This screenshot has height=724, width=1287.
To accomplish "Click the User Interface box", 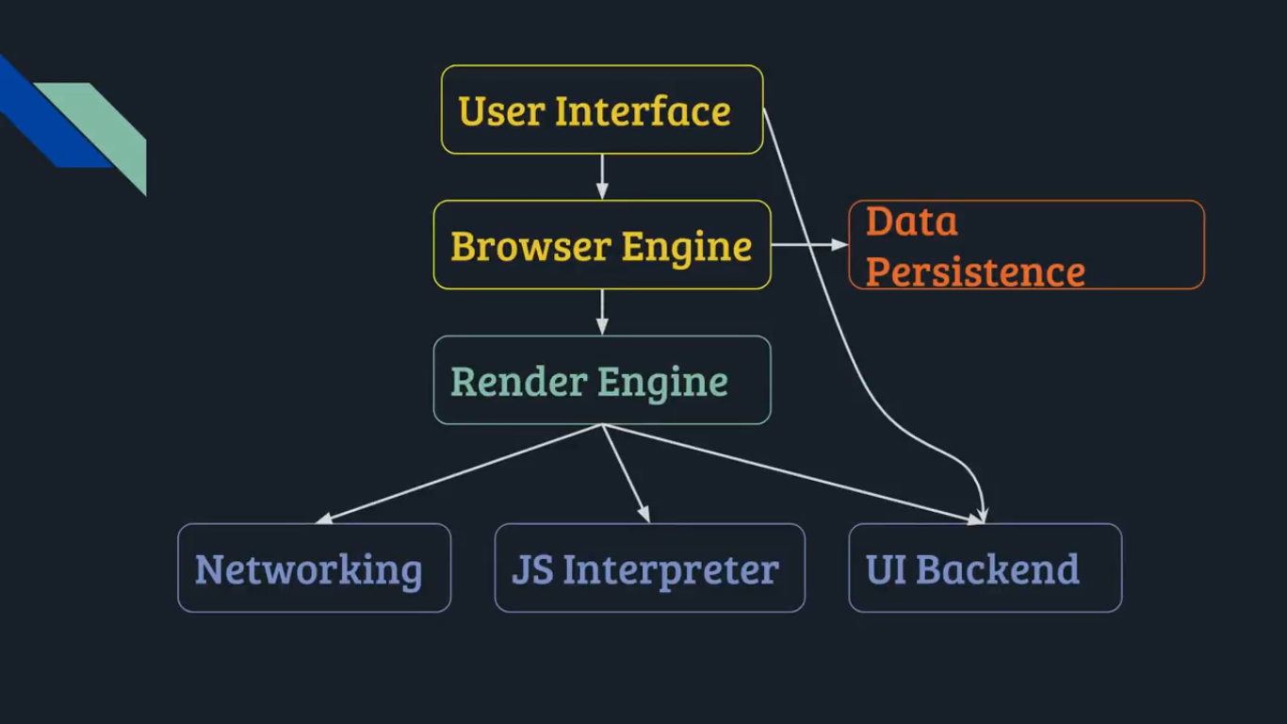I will click(601, 109).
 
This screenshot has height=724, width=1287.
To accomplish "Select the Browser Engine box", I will click(601, 245).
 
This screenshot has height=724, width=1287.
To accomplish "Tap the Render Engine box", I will click(601, 381).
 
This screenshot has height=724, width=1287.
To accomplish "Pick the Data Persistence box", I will click(1026, 245).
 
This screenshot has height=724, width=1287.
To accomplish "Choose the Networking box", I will click(314, 568).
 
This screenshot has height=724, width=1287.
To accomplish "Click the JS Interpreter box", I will click(649, 568).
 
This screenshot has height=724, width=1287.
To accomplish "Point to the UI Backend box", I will click(985, 568).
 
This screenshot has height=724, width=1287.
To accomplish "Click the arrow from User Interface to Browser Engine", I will click(602, 176).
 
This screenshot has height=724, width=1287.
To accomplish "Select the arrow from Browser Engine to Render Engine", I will click(602, 312).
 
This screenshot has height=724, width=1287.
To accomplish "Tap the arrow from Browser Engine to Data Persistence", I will click(809, 245).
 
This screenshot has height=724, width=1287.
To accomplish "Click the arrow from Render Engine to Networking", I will click(459, 473).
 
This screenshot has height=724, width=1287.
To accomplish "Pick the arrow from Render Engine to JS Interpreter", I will click(626, 473).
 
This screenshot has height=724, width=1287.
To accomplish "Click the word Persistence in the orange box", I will click(975, 271).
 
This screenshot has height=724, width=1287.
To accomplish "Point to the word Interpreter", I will click(670, 570).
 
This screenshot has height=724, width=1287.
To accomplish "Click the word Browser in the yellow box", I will click(530, 246).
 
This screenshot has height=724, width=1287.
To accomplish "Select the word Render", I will click(518, 382).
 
